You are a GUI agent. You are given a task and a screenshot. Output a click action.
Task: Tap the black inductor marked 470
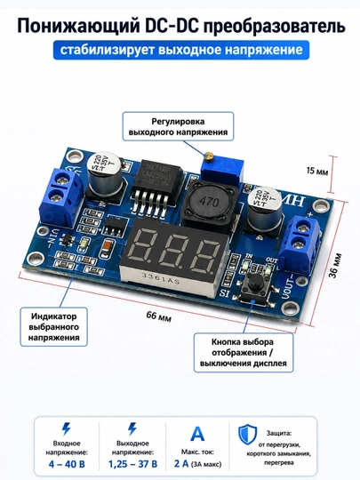coord(210,202)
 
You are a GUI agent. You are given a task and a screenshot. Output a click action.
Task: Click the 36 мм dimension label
coord(335,266)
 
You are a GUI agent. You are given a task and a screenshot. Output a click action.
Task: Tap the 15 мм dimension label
coord(317,171)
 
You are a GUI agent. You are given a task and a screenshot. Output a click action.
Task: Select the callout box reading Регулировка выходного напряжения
coord(178,126)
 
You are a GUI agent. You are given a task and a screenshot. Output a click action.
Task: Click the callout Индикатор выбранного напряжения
coord(54,327)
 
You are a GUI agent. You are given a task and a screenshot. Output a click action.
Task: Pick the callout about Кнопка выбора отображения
coord(244,353)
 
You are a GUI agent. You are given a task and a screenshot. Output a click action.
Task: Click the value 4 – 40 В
coord(67,464)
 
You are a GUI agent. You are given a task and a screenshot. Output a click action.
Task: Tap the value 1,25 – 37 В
coord(132,464)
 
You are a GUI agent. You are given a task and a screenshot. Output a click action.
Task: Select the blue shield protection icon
coord(248,435)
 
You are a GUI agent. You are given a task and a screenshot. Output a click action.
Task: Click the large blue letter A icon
coord(197,434)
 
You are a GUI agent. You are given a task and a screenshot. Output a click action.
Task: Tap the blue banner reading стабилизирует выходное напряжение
coord(181,50)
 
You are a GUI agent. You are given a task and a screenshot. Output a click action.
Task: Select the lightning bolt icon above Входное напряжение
coord(66,428)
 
